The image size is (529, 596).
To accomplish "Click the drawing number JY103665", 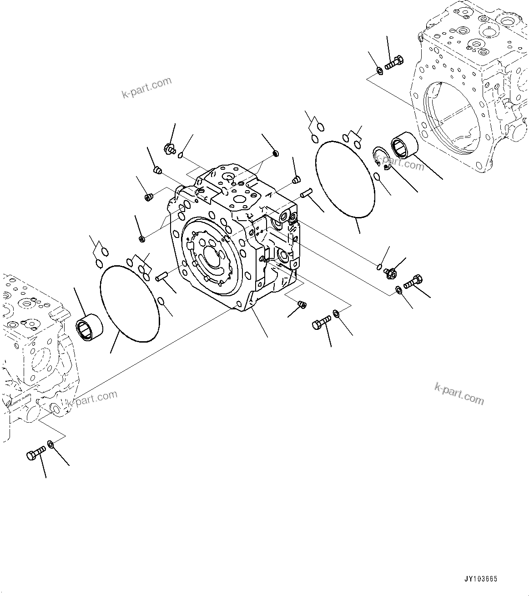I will pos(481,579).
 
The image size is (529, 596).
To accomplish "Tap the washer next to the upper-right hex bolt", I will pos(379,71).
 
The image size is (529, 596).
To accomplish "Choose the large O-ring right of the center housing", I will pos(345,178).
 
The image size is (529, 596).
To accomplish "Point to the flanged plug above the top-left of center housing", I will pos(170,148).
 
